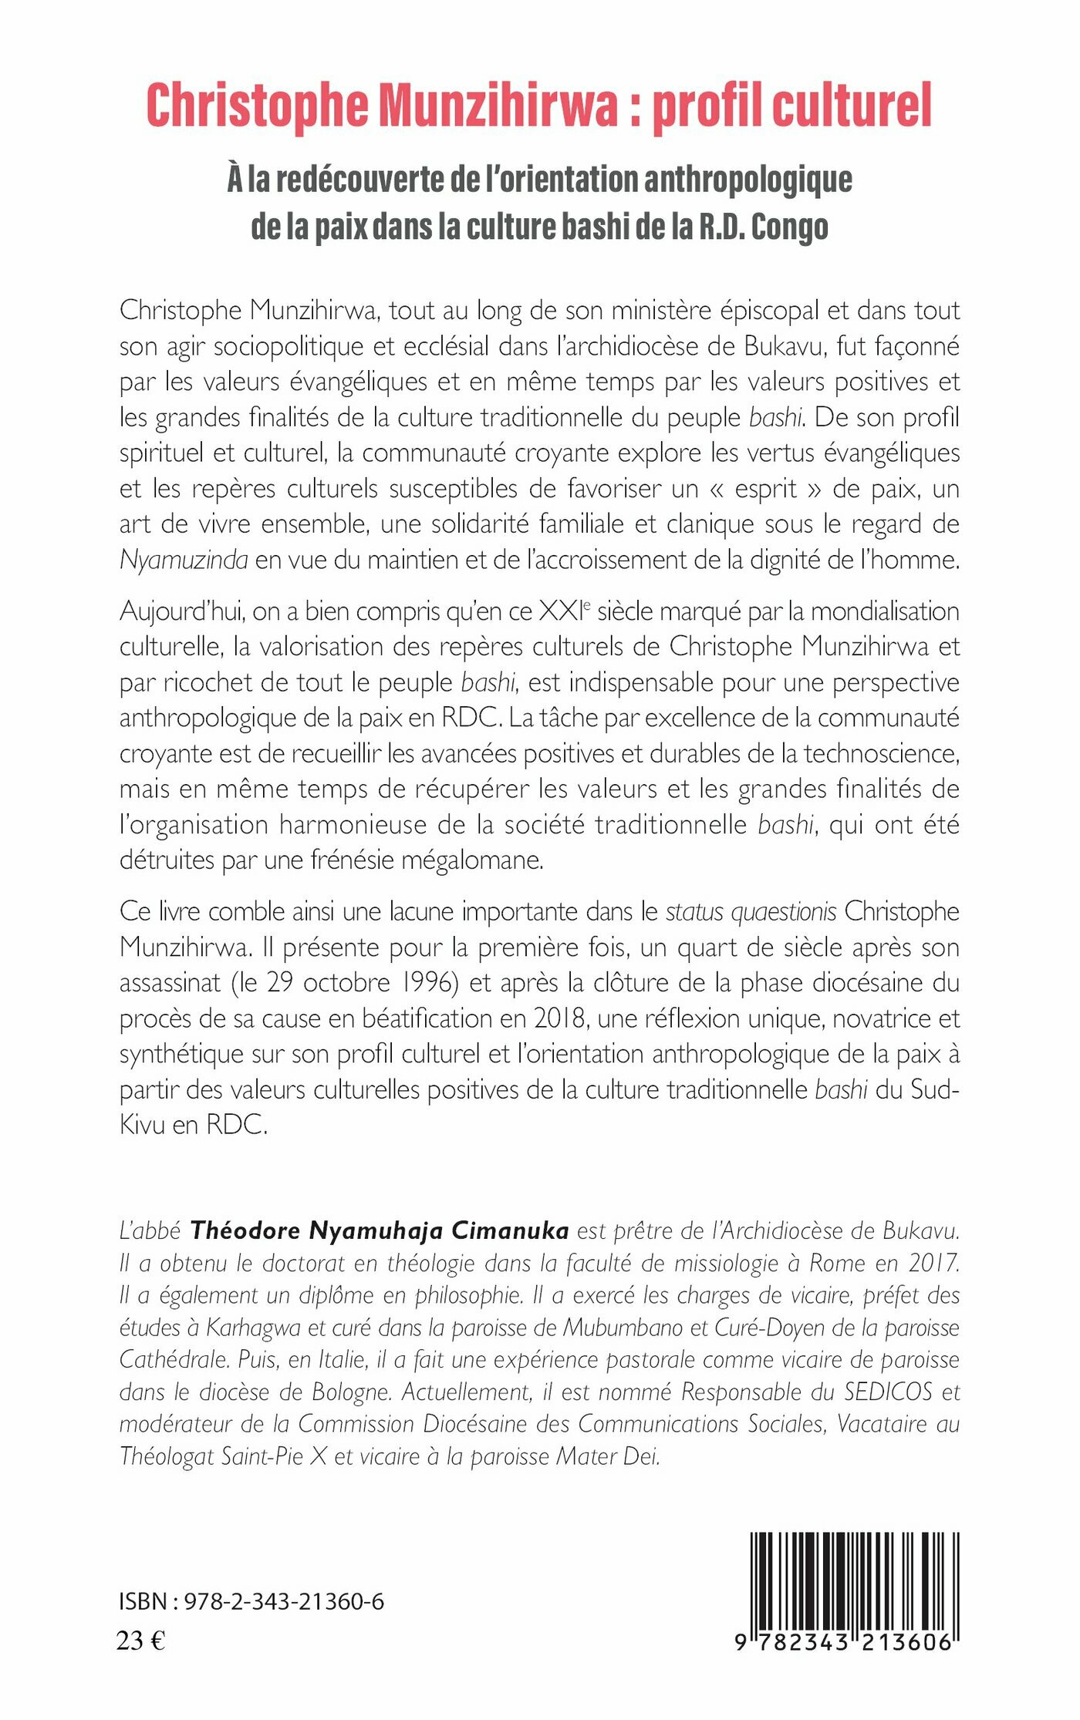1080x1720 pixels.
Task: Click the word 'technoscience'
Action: coord(881,753)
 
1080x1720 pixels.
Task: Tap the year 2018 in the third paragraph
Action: coord(562,1018)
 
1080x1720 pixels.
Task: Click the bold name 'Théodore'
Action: coord(246,1230)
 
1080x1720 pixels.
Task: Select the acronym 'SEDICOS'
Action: coord(888,1392)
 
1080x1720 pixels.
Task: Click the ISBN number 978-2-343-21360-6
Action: coord(285,1602)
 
